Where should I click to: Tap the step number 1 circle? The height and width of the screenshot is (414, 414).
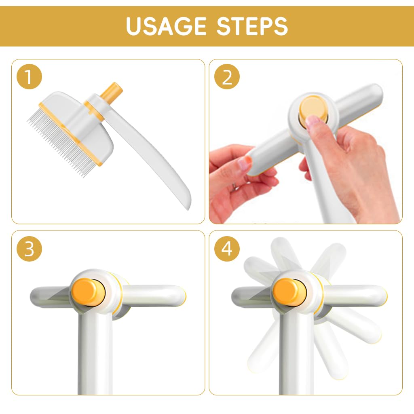[29, 77]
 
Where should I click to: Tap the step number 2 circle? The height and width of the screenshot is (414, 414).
[227, 77]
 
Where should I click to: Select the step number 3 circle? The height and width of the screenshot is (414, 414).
[29, 249]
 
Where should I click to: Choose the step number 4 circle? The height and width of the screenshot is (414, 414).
[227, 249]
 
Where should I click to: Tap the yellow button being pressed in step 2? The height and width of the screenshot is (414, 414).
[313, 109]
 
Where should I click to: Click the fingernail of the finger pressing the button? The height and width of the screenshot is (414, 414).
[313, 121]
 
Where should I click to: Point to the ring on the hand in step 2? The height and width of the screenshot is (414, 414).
[234, 188]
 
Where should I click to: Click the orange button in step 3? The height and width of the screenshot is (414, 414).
[89, 292]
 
